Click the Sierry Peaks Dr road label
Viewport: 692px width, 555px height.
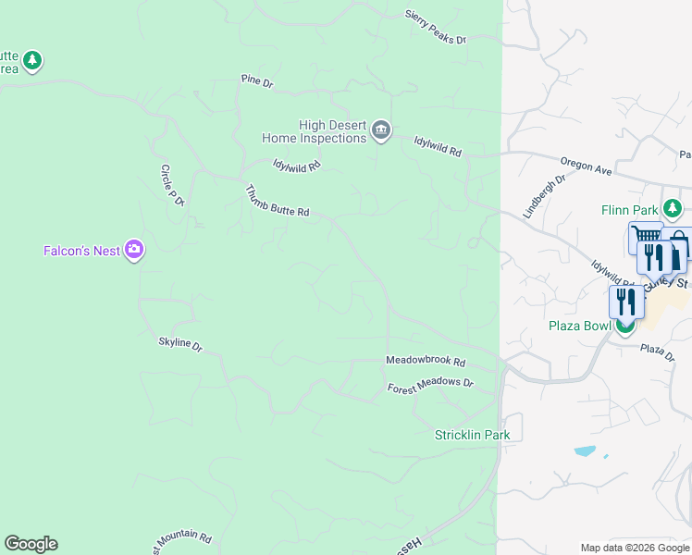pyautogui.click(x=436, y=28)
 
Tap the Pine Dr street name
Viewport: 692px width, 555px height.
pyautogui.click(x=256, y=82)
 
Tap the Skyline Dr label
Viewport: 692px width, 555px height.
pyautogui.click(x=179, y=344)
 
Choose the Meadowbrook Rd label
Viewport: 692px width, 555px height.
pyautogui.click(x=425, y=362)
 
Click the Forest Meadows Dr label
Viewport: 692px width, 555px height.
pyautogui.click(x=429, y=384)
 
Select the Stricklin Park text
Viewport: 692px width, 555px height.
pyautogui.click(x=472, y=435)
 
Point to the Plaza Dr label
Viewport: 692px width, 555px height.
pyautogui.click(x=658, y=351)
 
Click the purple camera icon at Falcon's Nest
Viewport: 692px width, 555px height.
pyautogui.click(x=134, y=250)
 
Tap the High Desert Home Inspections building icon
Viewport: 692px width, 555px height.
pyautogui.click(x=380, y=131)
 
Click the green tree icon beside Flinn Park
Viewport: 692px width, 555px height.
pyautogui.click(x=675, y=209)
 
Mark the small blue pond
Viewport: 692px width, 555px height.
pyautogui.click(x=585, y=451)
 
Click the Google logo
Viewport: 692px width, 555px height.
pyautogui.click(x=31, y=544)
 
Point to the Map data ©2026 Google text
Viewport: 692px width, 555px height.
pyautogui.click(x=634, y=548)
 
